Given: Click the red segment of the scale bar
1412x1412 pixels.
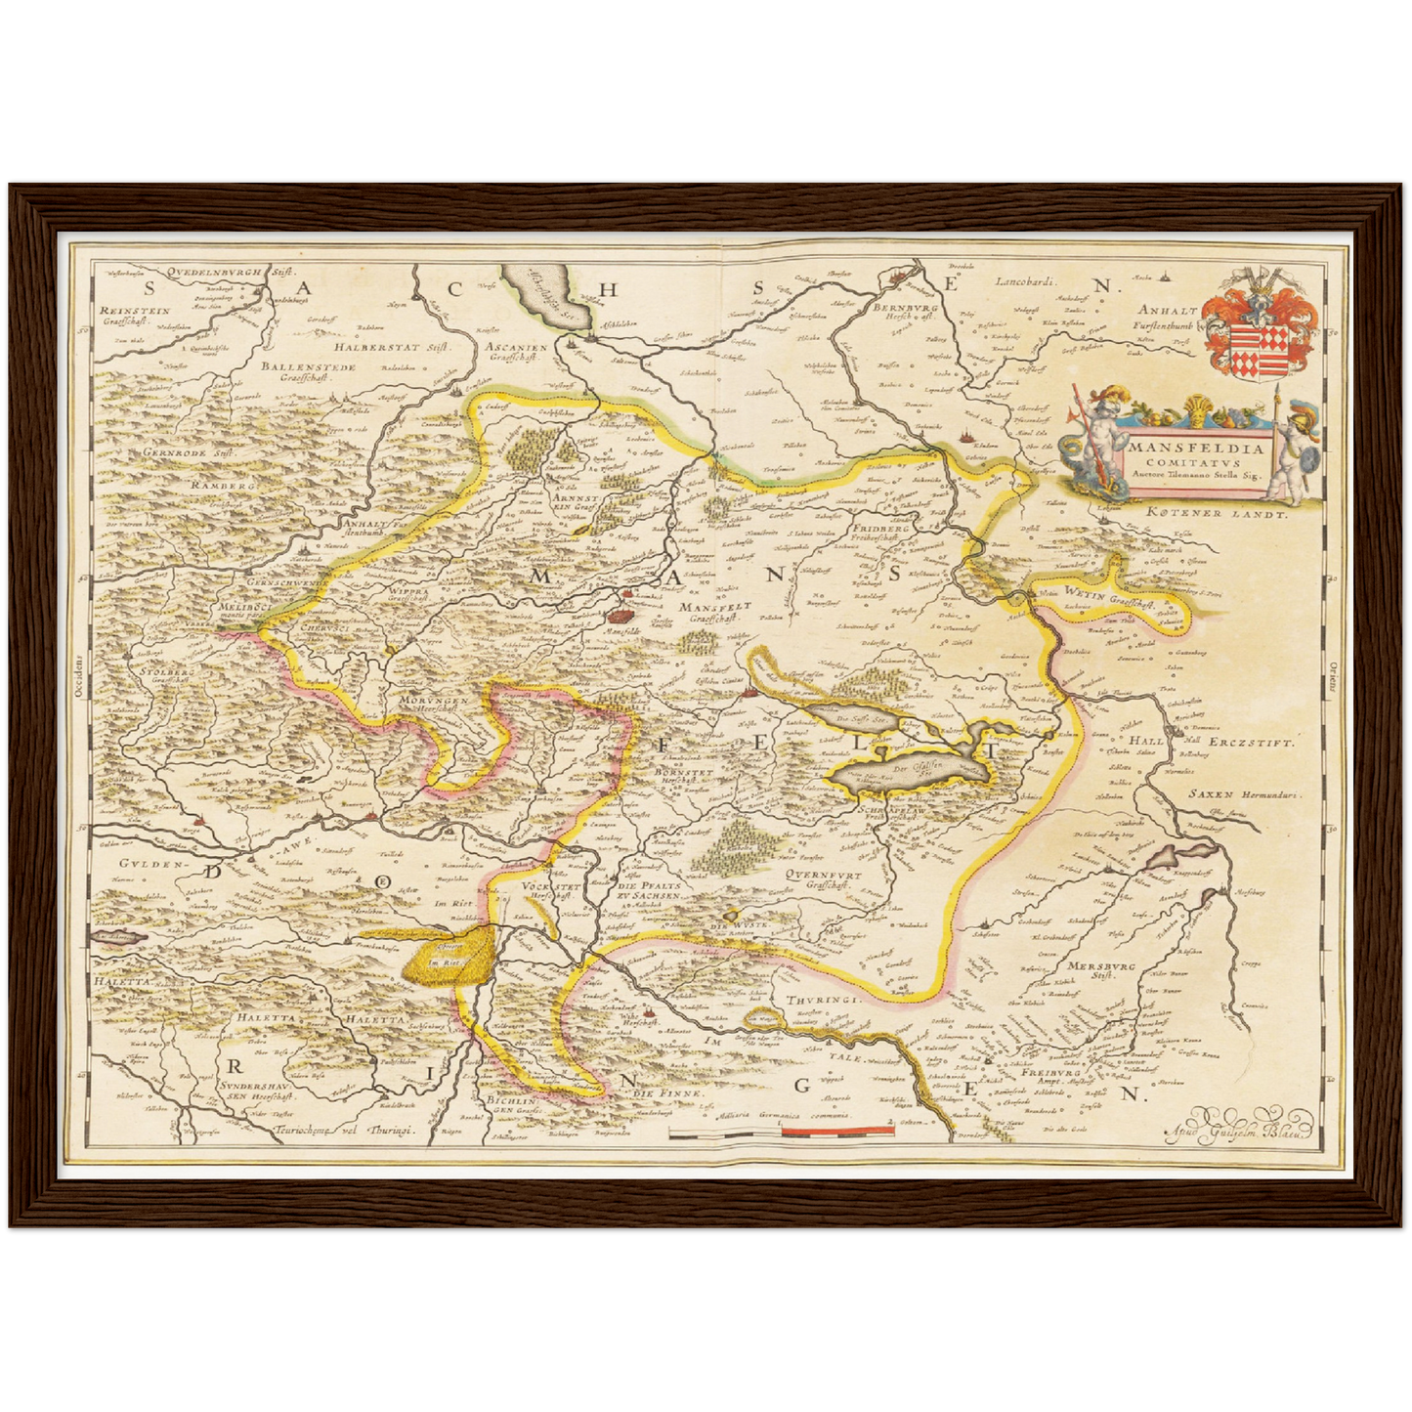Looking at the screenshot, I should pos(837,1131).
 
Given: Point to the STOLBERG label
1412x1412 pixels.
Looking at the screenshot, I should pos(167,674).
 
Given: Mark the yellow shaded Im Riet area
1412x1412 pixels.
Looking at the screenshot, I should pos(448,959).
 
